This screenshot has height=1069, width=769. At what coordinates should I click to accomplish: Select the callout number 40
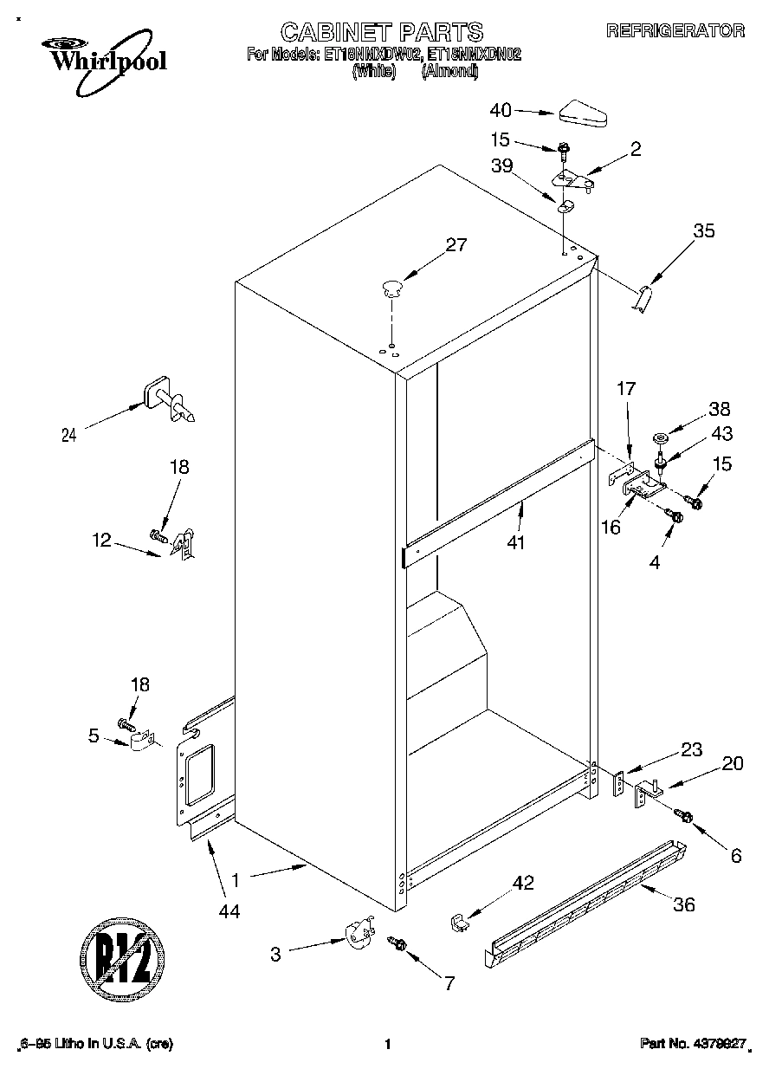point(501,110)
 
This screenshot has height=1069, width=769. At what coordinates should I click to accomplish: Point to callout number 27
point(456,245)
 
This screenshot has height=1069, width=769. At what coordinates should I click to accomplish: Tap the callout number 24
point(69,436)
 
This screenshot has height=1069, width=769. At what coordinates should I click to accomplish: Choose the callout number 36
point(684,905)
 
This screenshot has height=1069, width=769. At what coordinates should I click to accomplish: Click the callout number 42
point(523,883)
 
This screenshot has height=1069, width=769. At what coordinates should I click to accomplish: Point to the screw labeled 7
point(399,943)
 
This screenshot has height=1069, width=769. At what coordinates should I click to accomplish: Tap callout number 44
point(229,910)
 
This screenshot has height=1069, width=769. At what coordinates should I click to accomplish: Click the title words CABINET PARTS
point(381,32)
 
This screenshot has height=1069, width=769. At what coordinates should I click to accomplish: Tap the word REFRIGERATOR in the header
point(675,31)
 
